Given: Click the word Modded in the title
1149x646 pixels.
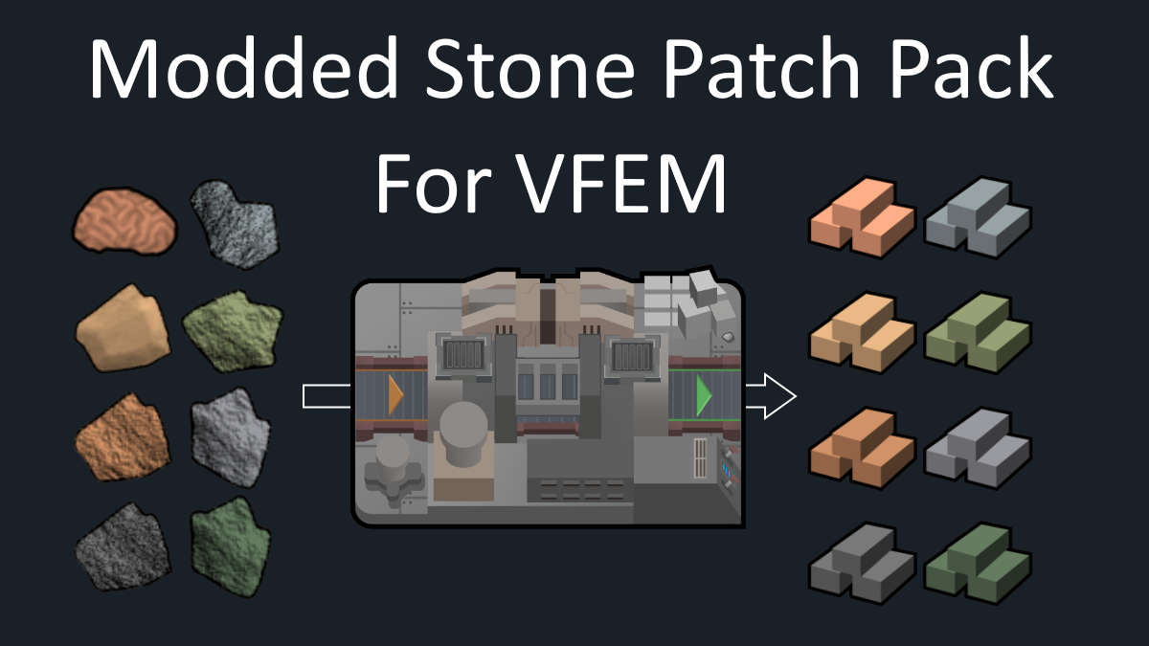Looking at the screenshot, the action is [243, 68].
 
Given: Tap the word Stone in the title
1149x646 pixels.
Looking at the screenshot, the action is [530, 69].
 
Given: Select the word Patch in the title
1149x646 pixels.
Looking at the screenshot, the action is [762, 68].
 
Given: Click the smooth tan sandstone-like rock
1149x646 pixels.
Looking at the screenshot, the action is [124, 328].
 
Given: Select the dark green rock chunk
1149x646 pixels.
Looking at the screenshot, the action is [231, 547].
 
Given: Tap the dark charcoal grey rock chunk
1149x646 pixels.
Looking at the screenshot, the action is [124, 547].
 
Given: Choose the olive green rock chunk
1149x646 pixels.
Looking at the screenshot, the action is [233, 331].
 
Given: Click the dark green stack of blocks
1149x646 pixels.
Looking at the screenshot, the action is [978, 564].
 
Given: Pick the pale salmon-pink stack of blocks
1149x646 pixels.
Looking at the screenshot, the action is [863, 218].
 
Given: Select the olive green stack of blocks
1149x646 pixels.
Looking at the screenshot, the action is [978, 333].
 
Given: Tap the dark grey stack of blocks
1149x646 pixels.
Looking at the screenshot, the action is [863, 564].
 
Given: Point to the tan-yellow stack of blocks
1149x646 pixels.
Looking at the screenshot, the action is [863, 333].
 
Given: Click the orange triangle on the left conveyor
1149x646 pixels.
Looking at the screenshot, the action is [395, 395].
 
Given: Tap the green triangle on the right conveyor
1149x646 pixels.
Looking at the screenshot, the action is [704, 395].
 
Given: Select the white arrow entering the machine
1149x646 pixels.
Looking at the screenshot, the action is [327, 396].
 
